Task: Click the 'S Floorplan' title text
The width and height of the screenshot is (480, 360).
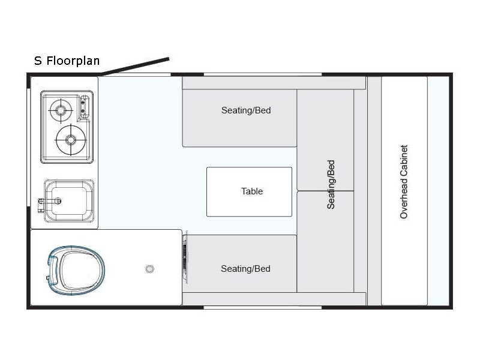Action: click(67, 61)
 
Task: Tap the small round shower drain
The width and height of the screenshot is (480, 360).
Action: click(149, 269)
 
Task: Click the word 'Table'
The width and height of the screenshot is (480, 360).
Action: click(252, 191)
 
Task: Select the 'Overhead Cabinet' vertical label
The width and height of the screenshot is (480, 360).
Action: click(404, 181)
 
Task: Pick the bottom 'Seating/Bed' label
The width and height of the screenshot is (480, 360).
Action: click(245, 269)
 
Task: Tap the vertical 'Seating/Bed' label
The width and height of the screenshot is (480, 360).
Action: click(331, 184)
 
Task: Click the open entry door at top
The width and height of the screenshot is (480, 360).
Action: click(136, 67)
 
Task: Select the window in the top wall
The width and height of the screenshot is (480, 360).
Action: click(262, 74)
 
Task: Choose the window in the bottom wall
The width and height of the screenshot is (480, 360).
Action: click(262, 307)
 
